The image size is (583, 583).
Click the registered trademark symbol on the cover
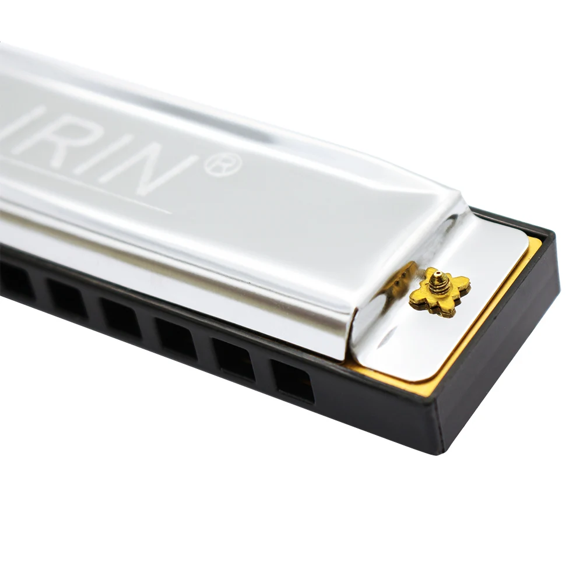click(222, 165)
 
